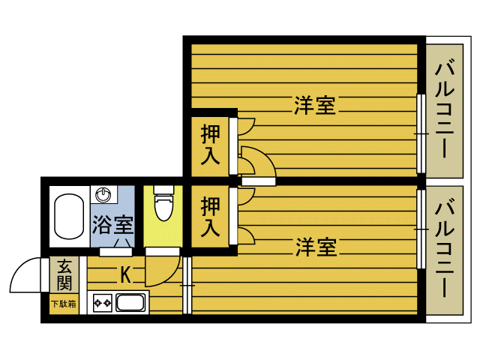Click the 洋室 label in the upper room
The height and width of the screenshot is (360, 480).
point(314,105)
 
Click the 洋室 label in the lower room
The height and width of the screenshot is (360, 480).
point(315,246)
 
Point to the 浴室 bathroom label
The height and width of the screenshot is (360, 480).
point(113,223)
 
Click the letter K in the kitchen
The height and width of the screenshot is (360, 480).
point(126,275)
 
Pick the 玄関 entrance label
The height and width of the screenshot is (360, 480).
point(64,274)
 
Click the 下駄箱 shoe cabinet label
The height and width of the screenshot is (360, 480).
point(64,304)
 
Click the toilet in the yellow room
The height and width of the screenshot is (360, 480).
point(163,205)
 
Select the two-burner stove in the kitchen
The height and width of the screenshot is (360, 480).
point(102,304)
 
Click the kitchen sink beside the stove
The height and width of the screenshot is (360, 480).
point(130,304)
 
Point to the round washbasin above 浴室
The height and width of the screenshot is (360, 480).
point(103,195)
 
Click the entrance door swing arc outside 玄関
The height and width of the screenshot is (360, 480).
point(25,275)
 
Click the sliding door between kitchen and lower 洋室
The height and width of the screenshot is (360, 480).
point(187,285)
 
